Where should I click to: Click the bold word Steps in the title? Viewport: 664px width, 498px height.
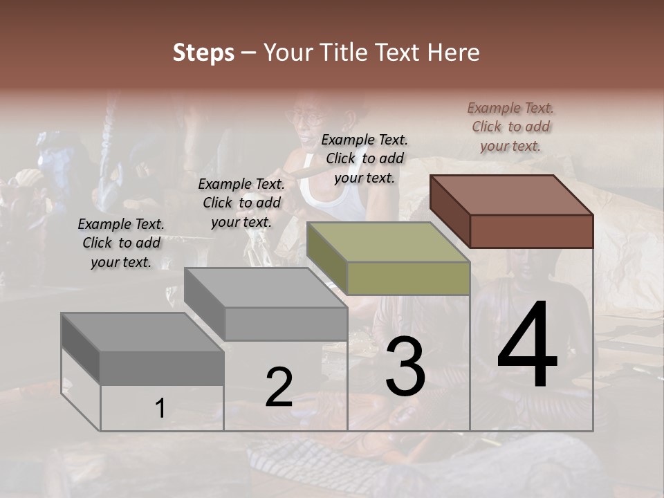click(203, 53)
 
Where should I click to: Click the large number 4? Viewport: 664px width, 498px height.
click(527, 346)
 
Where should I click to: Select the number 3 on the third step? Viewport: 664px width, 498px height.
click(405, 367)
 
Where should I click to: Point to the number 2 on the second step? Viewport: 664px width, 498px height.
click(279, 387)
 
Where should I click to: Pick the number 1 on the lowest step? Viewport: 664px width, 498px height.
click(160, 409)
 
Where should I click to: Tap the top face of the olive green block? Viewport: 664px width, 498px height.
click(388, 242)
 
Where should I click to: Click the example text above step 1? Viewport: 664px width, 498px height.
click(121, 243)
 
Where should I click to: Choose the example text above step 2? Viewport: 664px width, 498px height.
click(241, 203)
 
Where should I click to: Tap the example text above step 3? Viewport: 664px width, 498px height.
click(365, 158)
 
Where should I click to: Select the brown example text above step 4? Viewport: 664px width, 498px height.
click(510, 127)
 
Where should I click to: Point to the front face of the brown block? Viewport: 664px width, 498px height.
click(531, 231)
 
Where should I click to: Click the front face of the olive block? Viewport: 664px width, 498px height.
click(408, 279)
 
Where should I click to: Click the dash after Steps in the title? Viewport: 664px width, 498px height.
click(248, 53)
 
